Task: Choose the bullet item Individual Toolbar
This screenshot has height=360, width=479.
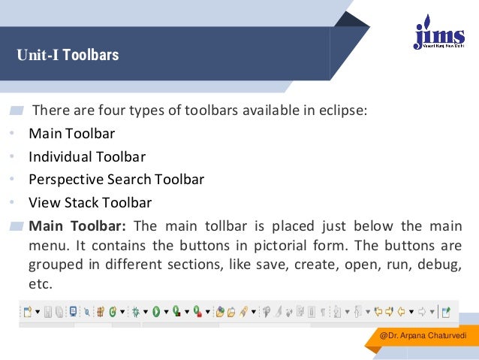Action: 87,157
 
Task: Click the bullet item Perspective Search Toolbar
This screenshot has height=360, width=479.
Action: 116,180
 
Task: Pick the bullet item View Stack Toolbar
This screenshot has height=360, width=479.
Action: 90,202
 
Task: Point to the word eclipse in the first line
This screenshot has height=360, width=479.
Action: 343,111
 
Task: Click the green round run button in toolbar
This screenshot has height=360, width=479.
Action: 156,311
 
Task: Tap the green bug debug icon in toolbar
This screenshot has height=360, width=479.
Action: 137,311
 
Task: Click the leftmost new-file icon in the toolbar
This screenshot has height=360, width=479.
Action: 27,311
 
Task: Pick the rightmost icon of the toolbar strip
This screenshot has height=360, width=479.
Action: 445,311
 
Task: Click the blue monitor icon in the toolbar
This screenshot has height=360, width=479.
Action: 73,311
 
